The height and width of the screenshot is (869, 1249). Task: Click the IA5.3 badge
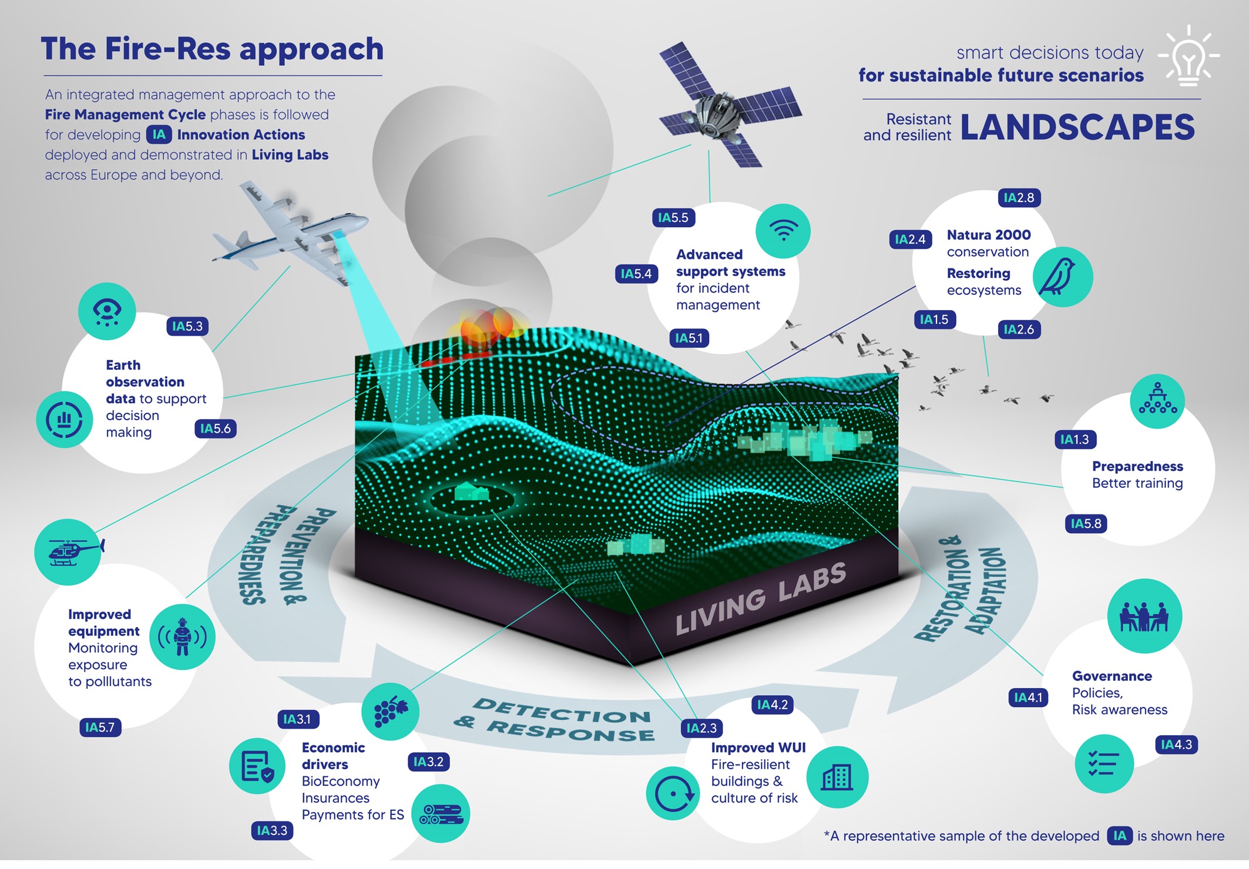[x=187, y=326]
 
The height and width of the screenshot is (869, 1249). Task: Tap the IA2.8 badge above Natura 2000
[x=1019, y=198]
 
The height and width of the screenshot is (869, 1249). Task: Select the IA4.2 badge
[x=772, y=705]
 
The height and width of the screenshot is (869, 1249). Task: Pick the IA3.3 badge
[x=272, y=831]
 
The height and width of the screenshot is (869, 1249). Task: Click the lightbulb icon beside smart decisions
[x=1188, y=56]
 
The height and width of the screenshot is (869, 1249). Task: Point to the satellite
[x=730, y=105]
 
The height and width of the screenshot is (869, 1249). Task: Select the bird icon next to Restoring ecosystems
[x=1063, y=277]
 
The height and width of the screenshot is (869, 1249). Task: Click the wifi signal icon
[x=783, y=231]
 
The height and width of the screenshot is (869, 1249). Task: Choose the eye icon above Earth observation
[x=107, y=311]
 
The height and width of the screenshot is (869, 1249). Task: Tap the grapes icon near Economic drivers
[x=390, y=712]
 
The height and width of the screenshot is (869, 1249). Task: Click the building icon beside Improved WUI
[x=837, y=777]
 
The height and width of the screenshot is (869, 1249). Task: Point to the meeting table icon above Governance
[x=1144, y=616]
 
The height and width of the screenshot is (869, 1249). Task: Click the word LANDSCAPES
[x=1077, y=127]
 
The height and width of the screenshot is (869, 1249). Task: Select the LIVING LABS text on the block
[x=761, y=599]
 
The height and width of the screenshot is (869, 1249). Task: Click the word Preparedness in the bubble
[x=1137, y=466]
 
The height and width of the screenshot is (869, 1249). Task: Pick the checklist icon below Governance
[x=1104, y=764]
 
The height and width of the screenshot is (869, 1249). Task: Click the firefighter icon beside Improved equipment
[x=183, y=637]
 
